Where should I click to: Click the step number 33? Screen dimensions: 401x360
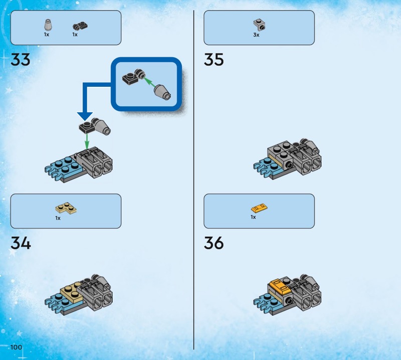point(21,60)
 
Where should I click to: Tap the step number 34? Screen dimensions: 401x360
point(21,243)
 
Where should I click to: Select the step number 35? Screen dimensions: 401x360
point(214,60)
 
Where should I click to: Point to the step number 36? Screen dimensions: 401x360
point(214,243)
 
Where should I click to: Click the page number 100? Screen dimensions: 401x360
point(16,347)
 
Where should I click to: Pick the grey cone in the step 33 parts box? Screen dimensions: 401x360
point(48,25)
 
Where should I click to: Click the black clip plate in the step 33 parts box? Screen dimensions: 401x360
point(80,26)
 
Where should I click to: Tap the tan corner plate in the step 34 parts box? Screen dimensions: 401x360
point(66,208)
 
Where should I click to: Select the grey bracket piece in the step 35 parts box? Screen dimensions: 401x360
point(259,25)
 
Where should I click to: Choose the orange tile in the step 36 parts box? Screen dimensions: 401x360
point(259,208)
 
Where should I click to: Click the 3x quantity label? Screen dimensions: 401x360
point(256,35)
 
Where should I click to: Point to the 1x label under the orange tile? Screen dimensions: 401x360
point(253,217)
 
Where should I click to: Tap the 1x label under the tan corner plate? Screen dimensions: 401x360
point(58,218)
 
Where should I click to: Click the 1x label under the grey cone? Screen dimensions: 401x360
point(47,35)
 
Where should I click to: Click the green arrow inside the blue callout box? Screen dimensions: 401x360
point(149,83)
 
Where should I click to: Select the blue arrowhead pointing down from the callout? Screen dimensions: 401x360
point(85,116)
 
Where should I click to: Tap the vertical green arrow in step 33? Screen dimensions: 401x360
point(87,141)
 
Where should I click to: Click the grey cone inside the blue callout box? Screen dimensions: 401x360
point(162,92)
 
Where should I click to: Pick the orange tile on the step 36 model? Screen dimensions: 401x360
point(280,286)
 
